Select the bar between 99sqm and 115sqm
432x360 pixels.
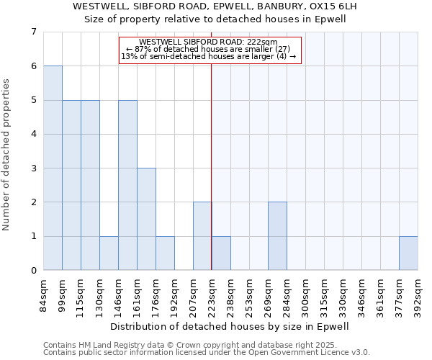(x=71, y=185)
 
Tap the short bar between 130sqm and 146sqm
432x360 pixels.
(x=109, y=253)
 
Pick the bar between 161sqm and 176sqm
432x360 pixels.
(x=146, y=219)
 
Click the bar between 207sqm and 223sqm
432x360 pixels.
(x=202, y=236)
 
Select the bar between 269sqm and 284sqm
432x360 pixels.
(x=277, y=236)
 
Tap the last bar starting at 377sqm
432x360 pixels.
(x=408, y=253)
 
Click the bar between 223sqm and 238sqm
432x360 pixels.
(x=221, y=253)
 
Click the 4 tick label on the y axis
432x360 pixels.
(x=33, y=134)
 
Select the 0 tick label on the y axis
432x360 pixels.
(x=33, y=271)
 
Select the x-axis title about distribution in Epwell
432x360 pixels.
(x=230, y=326)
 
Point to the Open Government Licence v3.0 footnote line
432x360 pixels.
(x=207, y=353)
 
